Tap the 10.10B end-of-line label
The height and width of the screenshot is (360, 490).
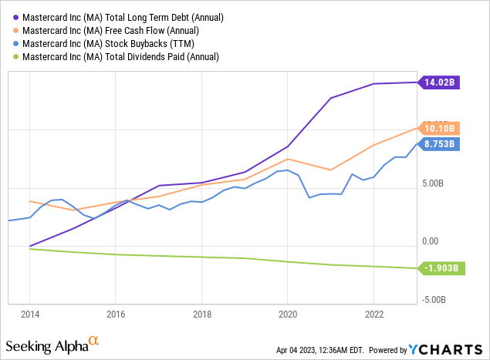point(441,128)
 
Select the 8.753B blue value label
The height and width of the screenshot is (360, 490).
point(441,143)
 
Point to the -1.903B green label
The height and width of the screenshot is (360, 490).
point(441,268)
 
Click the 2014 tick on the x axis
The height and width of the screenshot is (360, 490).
point(29,315)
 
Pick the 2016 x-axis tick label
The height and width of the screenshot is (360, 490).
point(115,315)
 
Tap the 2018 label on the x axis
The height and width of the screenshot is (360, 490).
point(201,315)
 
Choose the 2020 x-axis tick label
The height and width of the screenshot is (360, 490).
point(287,315)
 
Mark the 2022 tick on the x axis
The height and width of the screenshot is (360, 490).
point(373,315)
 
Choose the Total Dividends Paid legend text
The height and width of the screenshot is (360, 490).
point(120,56)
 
